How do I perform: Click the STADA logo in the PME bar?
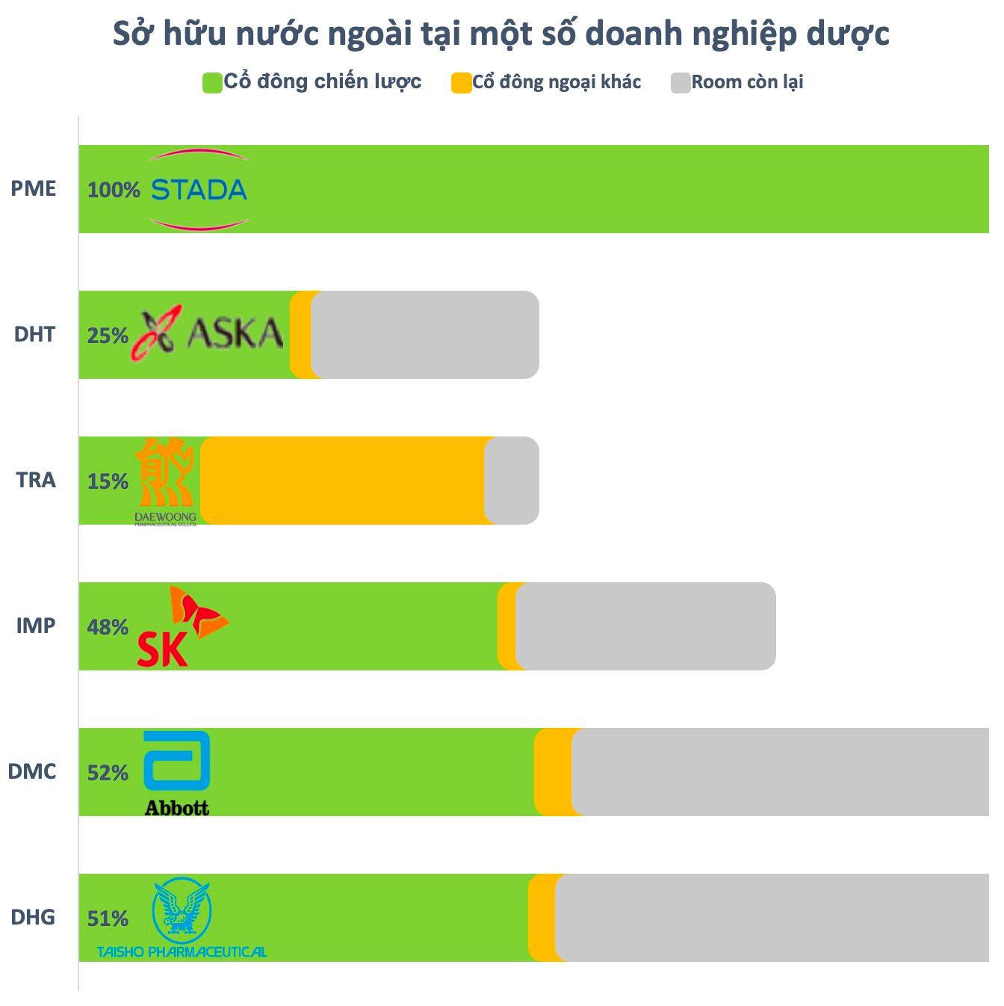click(x=199, y=190)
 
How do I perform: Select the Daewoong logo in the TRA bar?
click(x=165, y=481)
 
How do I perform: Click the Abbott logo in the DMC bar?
click(x=176, y=773)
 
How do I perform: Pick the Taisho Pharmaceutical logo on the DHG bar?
click(x=182, y=918)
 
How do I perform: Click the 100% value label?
click(x=114, y=190)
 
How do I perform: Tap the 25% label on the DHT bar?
click(x=108, y=336)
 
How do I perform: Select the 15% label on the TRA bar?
click(x=108, y=481)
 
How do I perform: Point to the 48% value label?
click(x=108, y=627)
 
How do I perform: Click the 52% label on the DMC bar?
click(x=108, y=773)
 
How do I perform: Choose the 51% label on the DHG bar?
click(x=108, y=919)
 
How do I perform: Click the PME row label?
click(x=34, y=188)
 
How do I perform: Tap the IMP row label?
click(x=36, y=625)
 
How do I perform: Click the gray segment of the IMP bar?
click(x=646, y=626)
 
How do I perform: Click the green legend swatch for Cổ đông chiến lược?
click(x=212, y=83)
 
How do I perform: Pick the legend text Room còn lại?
click(x=747, y=82)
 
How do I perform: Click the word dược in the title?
click(x=848, y=34)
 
